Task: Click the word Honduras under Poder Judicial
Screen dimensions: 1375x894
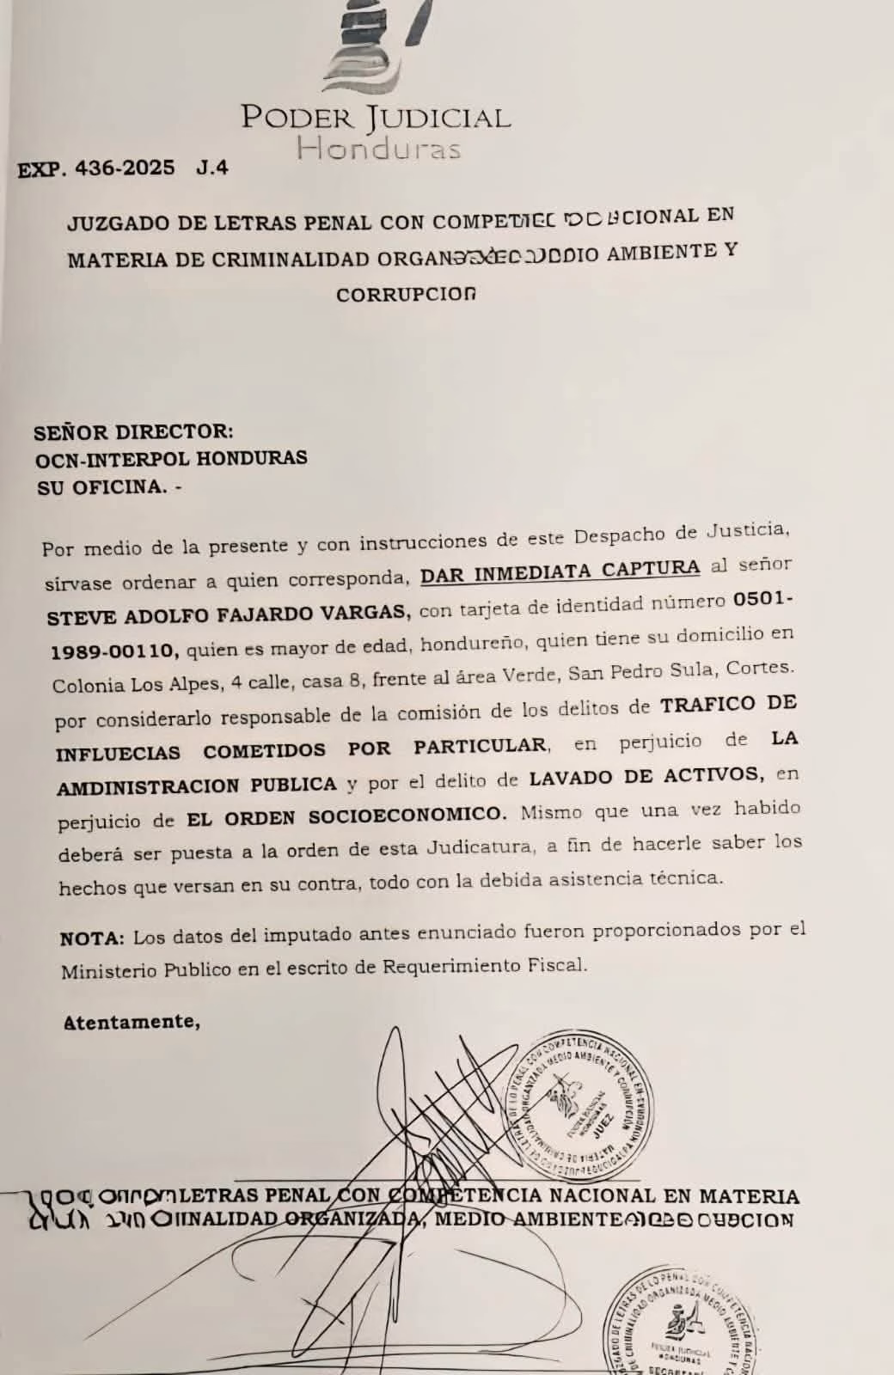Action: coord(378,149)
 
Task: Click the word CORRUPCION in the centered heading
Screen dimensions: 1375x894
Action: coord(405,294)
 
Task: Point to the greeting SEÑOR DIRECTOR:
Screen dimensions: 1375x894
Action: coord(133,431)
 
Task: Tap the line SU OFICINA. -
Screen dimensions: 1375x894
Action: coord(109,487)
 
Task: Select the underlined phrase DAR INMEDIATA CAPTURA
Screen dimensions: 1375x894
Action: coord(560,571)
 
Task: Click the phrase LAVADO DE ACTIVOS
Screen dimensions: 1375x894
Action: coord(645,777)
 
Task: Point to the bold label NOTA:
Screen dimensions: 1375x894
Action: coord(93,938)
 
